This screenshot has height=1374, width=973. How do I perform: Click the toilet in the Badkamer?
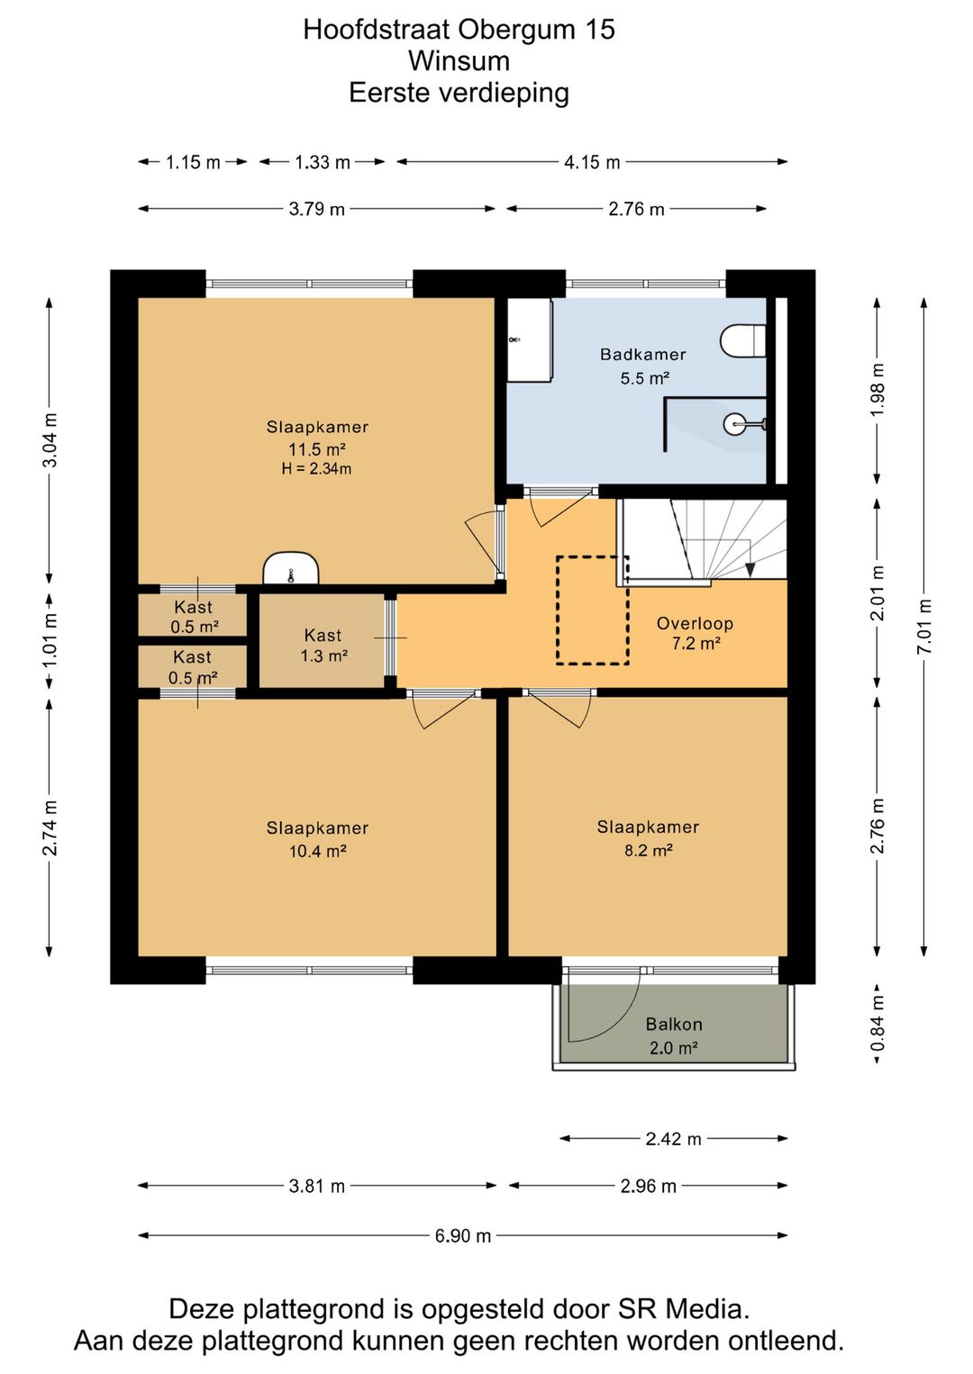742,340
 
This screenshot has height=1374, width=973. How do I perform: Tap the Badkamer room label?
643,354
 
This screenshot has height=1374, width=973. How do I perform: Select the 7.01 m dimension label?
925,626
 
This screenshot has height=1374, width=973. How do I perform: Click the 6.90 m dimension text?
463,1235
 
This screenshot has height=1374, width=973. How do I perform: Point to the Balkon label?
673,1024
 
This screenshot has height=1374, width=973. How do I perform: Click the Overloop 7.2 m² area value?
695,644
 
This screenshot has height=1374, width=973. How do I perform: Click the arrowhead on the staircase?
750,570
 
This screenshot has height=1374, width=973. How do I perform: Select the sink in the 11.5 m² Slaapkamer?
291,569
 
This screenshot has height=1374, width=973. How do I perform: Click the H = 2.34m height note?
317,469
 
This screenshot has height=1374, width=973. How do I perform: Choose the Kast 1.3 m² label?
323,646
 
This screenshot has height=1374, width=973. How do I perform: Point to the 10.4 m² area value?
317,851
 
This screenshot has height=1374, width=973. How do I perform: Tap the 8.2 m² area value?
649,850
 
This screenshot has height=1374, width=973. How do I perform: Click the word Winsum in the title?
459,61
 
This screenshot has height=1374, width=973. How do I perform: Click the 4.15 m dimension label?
593,163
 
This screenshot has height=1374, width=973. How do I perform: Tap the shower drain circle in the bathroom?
734,423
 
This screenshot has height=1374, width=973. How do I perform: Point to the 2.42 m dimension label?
673,1139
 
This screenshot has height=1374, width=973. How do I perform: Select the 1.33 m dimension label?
323,163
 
